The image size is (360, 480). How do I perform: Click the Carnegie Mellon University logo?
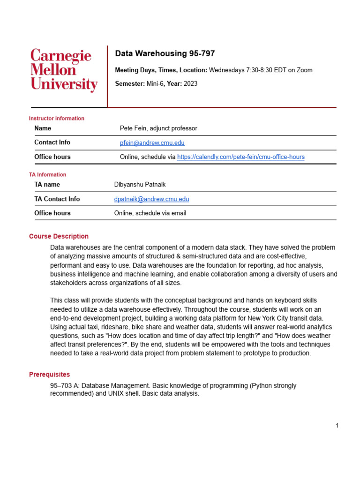(64, 70)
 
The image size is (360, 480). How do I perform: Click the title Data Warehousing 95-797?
(165, 54)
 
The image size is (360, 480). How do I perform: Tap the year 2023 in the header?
(190, 84)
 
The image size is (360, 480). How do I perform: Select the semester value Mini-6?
(153, 84)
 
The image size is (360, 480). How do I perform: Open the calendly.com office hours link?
(240, 157)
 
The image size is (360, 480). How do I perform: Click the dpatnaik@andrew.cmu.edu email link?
(151, 199)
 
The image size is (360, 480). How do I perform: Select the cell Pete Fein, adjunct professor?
(158, 128)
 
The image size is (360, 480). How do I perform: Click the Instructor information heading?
(57, 119)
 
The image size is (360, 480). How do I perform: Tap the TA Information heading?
(48, 175)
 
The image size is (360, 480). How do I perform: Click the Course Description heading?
(59, 236)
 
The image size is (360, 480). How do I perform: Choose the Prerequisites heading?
(49, 375)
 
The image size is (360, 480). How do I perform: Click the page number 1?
(337, 426)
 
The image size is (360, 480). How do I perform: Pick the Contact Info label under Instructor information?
(52, 142)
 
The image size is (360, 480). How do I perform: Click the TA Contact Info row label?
(57, 199)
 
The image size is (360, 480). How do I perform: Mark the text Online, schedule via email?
(150, 213)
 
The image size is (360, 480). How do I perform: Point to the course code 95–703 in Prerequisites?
(61, 386)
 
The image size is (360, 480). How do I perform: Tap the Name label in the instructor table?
(43, 128)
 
